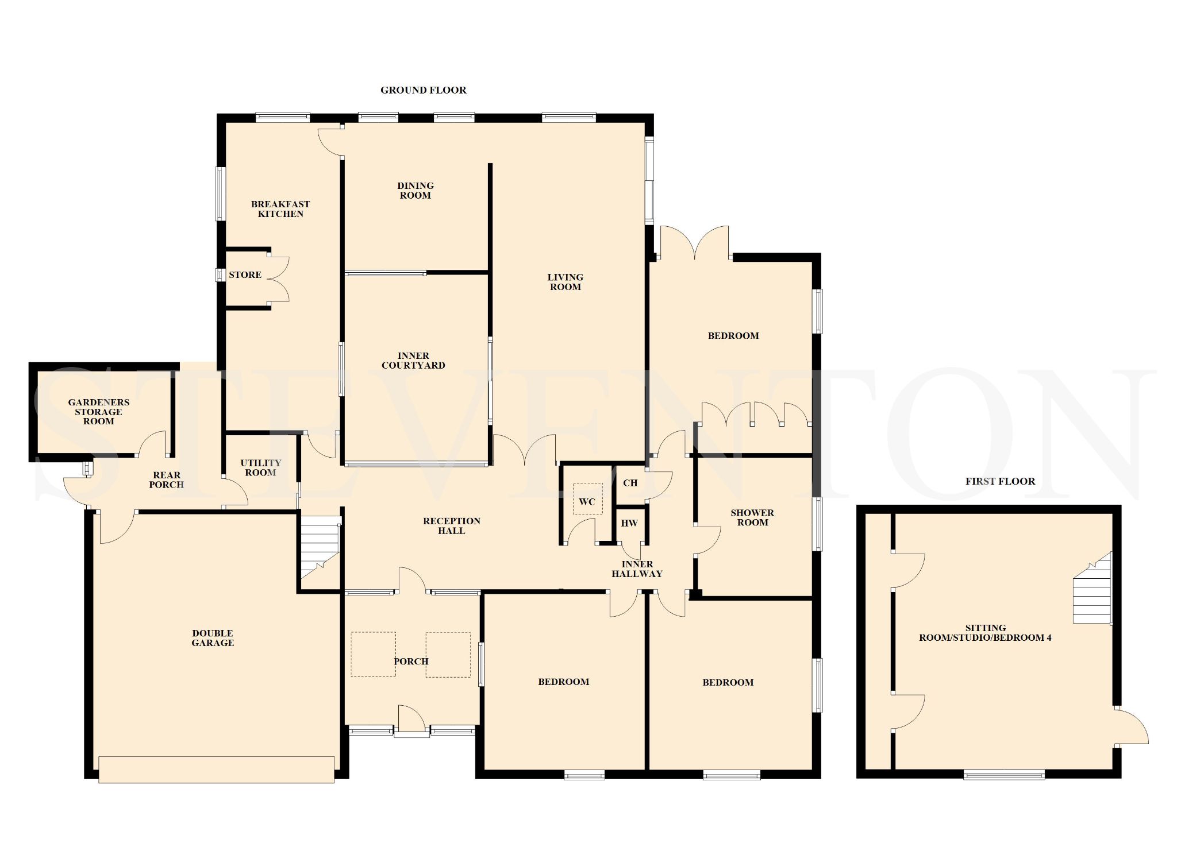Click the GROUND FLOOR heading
423,90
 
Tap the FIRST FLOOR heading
1000,481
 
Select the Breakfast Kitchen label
280,209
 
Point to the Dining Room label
416,191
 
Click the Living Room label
566,282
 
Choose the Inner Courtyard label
413,361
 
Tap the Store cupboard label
245,275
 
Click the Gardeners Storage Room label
99,412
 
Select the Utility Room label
261,468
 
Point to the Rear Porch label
167,480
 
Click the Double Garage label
213,638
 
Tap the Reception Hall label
452,526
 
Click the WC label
587,502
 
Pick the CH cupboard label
630,483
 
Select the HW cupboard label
630,523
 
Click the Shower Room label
752,517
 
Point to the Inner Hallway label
637,569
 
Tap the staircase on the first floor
1092,589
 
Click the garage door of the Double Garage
216,769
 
